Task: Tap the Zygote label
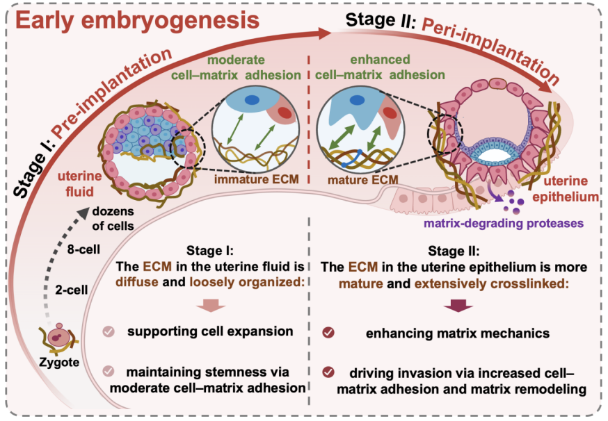click(60, 361)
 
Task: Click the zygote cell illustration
click(60, 338)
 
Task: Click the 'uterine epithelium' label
click(572, 188)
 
